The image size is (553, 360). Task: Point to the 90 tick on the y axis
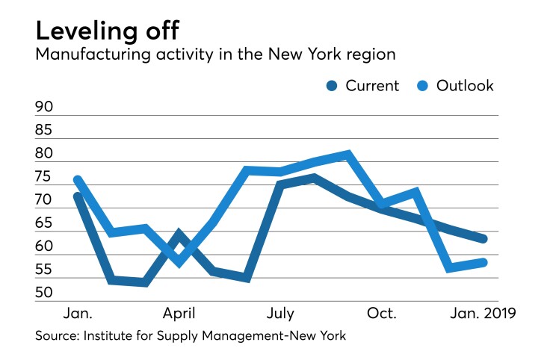(x=45, y=108)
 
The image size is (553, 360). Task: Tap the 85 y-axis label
(x=45, y=131)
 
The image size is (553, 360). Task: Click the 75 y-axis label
(x=45, y=177)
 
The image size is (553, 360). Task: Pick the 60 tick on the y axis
(x=45, y=246)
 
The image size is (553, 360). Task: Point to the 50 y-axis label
(x=45, y=292)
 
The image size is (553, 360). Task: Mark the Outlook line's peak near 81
(x=347, y=155)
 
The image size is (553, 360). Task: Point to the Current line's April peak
(x=178, y=234)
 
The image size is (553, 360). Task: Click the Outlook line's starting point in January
(x=77, y=180)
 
